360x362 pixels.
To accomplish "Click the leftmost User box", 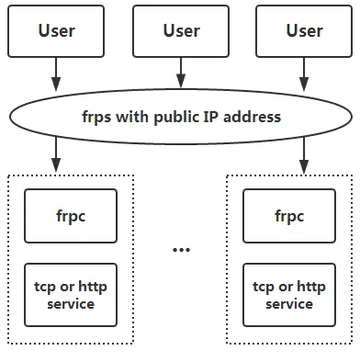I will click(56, 30).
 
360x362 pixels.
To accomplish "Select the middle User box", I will click(181, 30).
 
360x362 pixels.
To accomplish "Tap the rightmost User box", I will click(304, 30).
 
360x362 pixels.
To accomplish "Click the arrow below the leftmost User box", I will click(56, 73).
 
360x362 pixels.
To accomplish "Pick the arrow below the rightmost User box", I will click(304, 73).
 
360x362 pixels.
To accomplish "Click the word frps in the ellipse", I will click(96, 118).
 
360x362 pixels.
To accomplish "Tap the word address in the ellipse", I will click(253, 118).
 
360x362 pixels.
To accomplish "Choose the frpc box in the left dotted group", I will click(71, 216).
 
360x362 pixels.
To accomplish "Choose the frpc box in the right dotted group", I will click(289, 216).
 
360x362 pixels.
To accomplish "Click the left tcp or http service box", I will click(71, 295).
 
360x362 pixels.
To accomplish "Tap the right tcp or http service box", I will click(289, 295).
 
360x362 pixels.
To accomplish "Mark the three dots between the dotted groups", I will click(181, 250).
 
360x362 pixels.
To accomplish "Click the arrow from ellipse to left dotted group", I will click(56, 153).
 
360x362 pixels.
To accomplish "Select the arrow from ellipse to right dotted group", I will click(304, 153).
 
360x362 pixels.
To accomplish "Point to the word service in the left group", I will click(71, 304).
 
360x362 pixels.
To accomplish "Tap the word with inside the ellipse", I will click(132, 118).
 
